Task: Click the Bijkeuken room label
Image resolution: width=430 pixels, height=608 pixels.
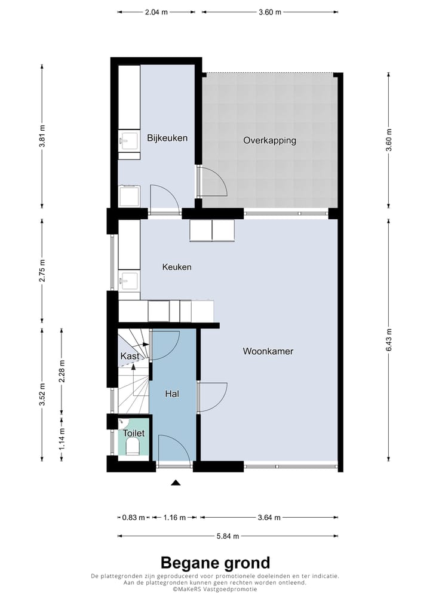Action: coord(167,138)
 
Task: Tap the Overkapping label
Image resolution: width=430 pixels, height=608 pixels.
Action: coord(269,140)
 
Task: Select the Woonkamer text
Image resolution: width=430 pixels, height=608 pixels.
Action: coord(268,351)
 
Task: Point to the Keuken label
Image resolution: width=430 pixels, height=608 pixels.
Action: coord(177,267)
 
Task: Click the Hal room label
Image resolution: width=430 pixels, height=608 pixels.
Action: coord(172,394)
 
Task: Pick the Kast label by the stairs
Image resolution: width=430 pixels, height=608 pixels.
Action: coord(130,356)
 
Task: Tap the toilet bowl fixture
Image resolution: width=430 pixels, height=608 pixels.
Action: coord(133,447)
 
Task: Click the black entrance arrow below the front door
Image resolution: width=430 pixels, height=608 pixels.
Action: coord(176,483)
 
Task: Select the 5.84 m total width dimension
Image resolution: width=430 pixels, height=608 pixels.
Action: coord(228,536)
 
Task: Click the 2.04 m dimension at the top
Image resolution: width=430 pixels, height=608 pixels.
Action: coord(156,12)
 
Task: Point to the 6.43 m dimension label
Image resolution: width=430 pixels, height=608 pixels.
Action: coord(389,340)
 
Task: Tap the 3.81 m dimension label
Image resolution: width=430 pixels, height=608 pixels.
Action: coord(42,136)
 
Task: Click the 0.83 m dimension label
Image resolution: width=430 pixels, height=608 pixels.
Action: coord(133,518)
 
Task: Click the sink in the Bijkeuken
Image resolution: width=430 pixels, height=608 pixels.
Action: coord(129,141)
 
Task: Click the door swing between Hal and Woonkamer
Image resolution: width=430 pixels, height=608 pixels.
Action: coord(212,397)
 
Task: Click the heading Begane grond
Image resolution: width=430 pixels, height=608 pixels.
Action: coord(215,563)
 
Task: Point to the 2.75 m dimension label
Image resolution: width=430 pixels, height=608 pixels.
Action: coord(42,271)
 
